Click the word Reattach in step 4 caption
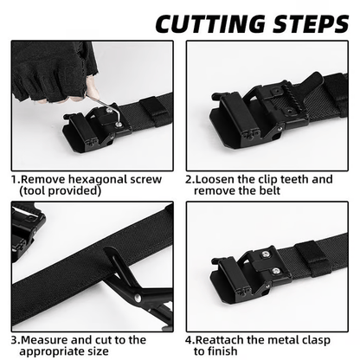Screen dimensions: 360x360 223,340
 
